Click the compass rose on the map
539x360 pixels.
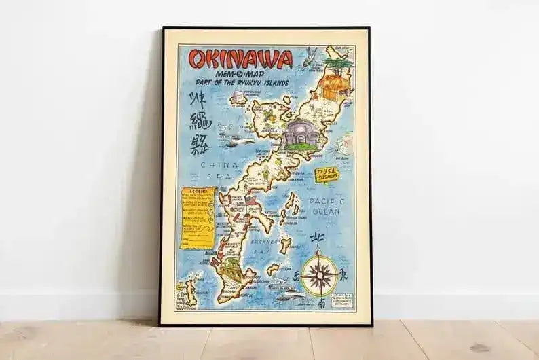tap(319, 274)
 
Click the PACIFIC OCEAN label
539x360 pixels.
tap(327, 206)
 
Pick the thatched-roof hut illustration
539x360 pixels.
tap(337, 88)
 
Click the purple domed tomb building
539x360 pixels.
tap(301, 132)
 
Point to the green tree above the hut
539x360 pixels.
tap(337, 62)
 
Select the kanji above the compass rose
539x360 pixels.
tap(316, 238)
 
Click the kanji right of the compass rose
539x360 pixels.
tap(342, 275)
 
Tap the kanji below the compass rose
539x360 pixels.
tap(320, 304)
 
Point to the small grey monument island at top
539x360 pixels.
tap(239, 98)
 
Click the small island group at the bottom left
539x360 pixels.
tap(188, 292)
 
